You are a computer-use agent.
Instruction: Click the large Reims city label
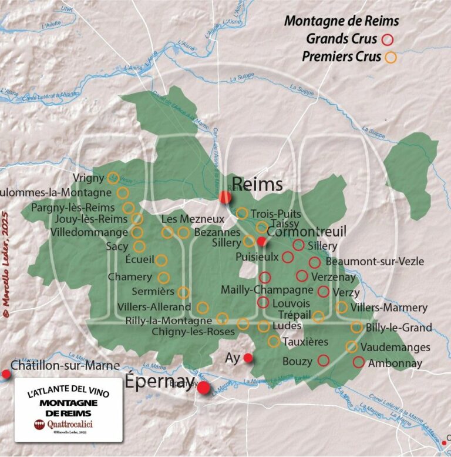click(x=257, y=184)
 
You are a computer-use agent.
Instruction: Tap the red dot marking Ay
click(x=248, y=358)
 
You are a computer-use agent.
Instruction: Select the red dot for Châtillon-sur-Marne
click(x=6, y=374)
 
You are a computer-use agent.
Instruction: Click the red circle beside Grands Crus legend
click(x=387, y=39)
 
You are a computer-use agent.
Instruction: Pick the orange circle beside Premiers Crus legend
click(x=390, y=58)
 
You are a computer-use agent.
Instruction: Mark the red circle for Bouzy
click(x=323, y=360)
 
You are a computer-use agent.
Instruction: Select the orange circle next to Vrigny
click(x=113, y=178)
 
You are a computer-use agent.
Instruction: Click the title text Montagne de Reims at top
click(x=341, y=21)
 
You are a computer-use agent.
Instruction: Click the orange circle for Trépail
click(x=318, y=317)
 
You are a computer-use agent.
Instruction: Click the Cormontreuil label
click(x=307, y=231)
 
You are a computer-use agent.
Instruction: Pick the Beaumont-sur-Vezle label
click(x=374, y=261)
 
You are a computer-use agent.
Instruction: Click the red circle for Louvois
click(x=263, y=302)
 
